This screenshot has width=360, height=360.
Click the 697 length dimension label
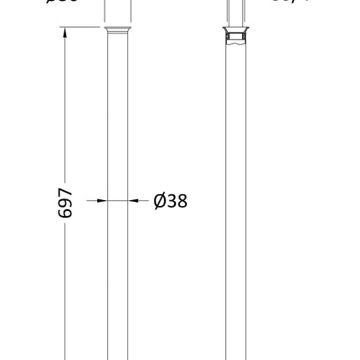[x=64, y=203]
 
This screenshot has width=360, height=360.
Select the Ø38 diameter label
[x=170, y=201]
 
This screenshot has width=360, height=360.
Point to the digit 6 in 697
[x=64, y=213]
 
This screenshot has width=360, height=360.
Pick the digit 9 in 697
[x=64, y=203]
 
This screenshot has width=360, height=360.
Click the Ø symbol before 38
[x=159, y=201]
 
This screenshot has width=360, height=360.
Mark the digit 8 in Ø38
[x=182, y=201]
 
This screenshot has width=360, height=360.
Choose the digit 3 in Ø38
[x=171, y=201]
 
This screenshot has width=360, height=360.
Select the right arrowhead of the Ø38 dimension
[x=133, y=201]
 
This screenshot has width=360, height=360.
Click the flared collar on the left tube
[x=118, y=31]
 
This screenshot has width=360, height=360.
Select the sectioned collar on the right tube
[x=236, y=33]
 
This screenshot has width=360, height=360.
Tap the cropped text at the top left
[x=63, y=2]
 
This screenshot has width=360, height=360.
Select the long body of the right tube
[x=236, y=209]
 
